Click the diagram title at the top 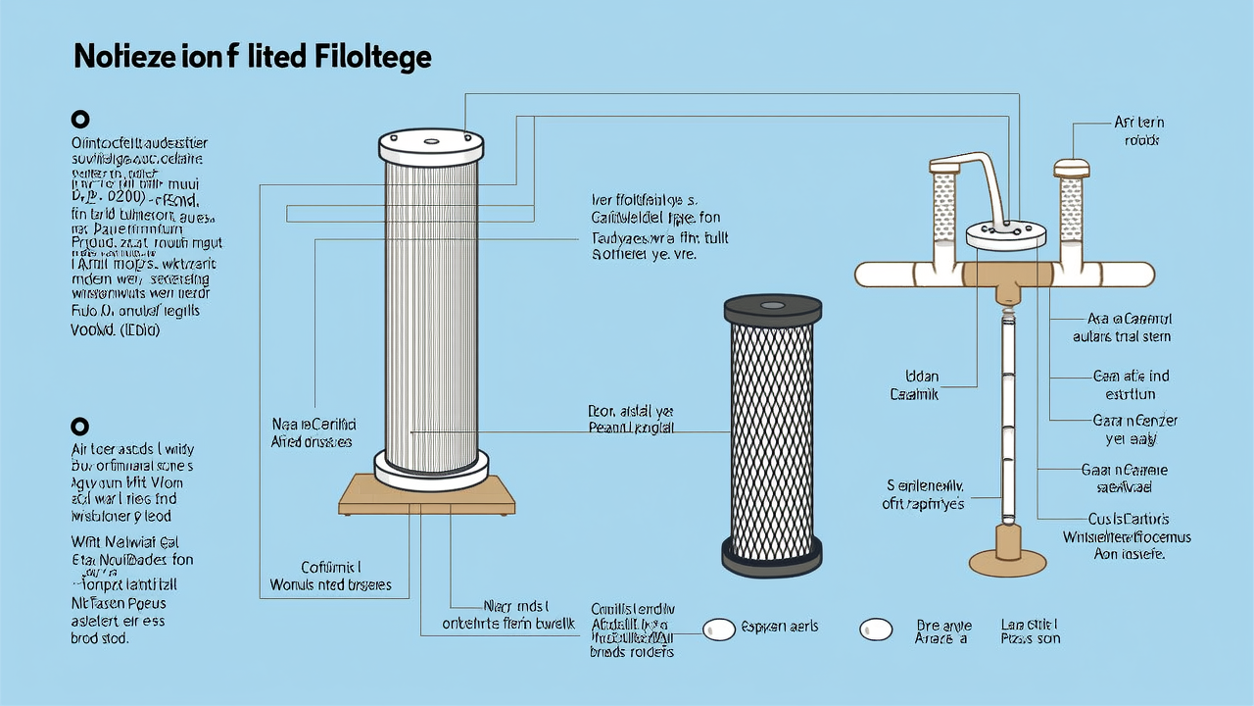(x=253, y=58)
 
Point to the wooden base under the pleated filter (x=427, y=495)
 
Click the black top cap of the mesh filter (x=772, y=311)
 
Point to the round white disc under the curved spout (x=1007, y=232)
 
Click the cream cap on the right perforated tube (x=1072, y=168)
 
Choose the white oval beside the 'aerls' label (x=719, y=630)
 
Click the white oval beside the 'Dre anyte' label (x=876, y=630)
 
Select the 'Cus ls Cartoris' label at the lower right (x=1128, y=519)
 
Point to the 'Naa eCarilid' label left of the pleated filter (x=313, y=426)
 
